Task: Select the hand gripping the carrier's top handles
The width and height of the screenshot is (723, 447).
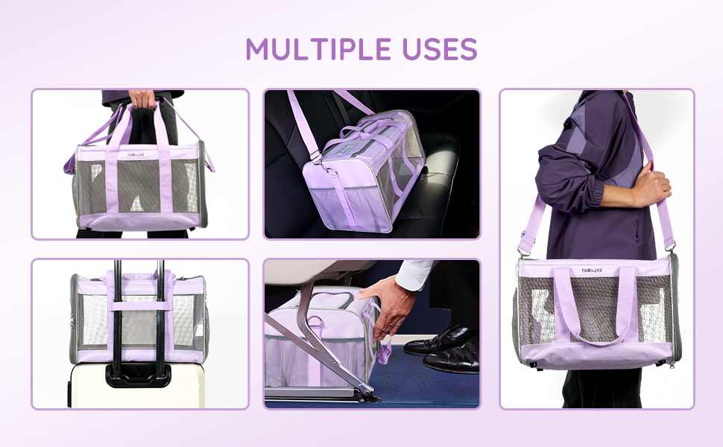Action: pos(143,99)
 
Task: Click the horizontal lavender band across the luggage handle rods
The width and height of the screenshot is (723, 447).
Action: pos(139,305)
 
